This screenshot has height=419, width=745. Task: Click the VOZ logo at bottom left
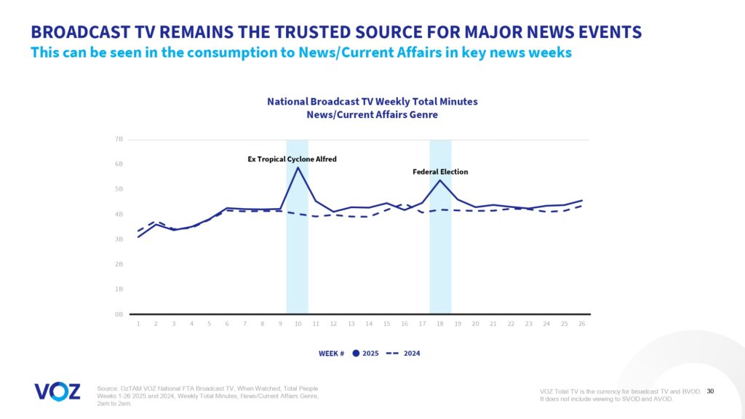[57, 391]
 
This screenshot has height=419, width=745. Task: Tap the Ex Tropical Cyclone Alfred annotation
[292, 159]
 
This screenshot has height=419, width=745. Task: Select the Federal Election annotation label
[440, 172]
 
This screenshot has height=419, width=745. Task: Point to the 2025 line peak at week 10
[298, 168]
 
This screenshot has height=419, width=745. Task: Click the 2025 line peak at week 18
[439, 180]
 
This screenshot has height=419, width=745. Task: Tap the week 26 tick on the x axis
[581, 324]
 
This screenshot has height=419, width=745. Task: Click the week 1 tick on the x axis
[138, 324]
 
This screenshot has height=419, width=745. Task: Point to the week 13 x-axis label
[351, 324]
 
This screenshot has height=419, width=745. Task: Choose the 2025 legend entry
[364, 354]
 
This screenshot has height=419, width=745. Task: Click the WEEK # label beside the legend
[331, 354]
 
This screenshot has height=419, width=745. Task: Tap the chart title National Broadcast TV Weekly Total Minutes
[372, 101]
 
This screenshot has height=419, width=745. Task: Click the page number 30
[710, 391]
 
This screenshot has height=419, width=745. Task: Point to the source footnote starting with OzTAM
[207, 396]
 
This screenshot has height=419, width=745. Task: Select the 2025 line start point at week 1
[138, 236]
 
